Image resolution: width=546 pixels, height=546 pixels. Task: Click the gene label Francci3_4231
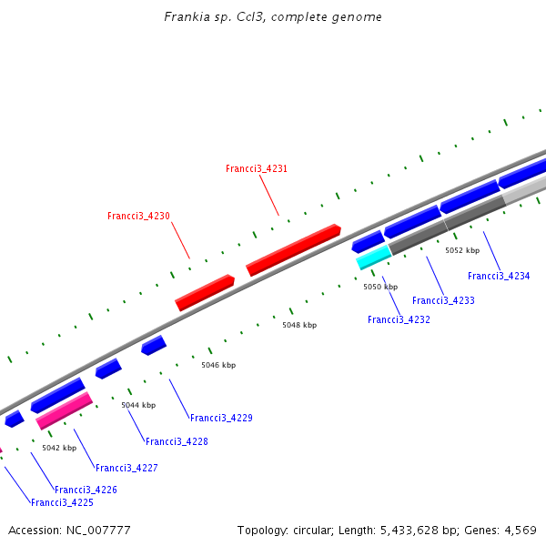257,169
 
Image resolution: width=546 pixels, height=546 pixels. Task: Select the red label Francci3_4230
138,217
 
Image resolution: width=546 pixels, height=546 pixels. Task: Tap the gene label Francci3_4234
499,277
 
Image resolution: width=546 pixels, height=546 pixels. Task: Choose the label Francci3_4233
443,301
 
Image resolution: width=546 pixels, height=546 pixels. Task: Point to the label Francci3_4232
399,320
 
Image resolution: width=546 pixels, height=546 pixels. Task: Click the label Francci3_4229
221,419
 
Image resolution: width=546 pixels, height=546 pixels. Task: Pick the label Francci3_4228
177,442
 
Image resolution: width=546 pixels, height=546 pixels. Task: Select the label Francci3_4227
126,469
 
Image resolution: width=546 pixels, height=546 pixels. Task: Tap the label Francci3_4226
86,490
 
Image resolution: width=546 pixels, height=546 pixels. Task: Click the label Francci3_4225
62,503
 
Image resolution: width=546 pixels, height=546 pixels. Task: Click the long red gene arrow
293,249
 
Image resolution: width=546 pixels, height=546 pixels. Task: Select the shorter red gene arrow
205,292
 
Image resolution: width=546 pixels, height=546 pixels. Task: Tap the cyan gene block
373,258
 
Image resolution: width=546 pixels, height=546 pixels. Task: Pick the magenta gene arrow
64,410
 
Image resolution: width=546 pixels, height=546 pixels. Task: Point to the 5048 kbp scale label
299,325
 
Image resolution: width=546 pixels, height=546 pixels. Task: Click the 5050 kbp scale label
380,287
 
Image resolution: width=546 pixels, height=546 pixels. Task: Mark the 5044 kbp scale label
138,405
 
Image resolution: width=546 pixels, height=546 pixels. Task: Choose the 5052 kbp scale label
462,250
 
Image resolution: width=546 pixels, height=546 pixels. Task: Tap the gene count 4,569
519,530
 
